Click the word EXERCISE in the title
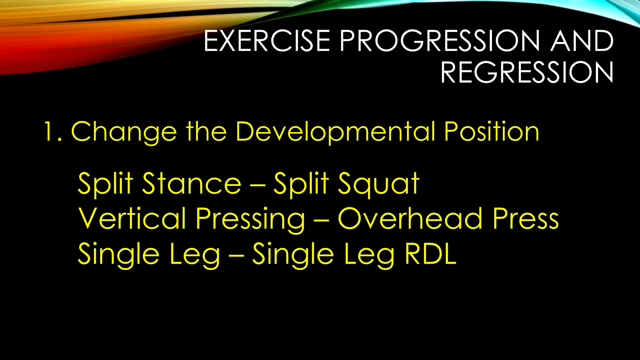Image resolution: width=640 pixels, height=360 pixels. [267, 41]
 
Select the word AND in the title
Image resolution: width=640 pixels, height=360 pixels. [582, 41]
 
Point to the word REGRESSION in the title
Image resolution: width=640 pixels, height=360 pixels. [527, 72]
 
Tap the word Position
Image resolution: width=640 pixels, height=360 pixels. [492, 132]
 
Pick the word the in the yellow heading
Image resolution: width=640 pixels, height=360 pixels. [207, 132]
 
